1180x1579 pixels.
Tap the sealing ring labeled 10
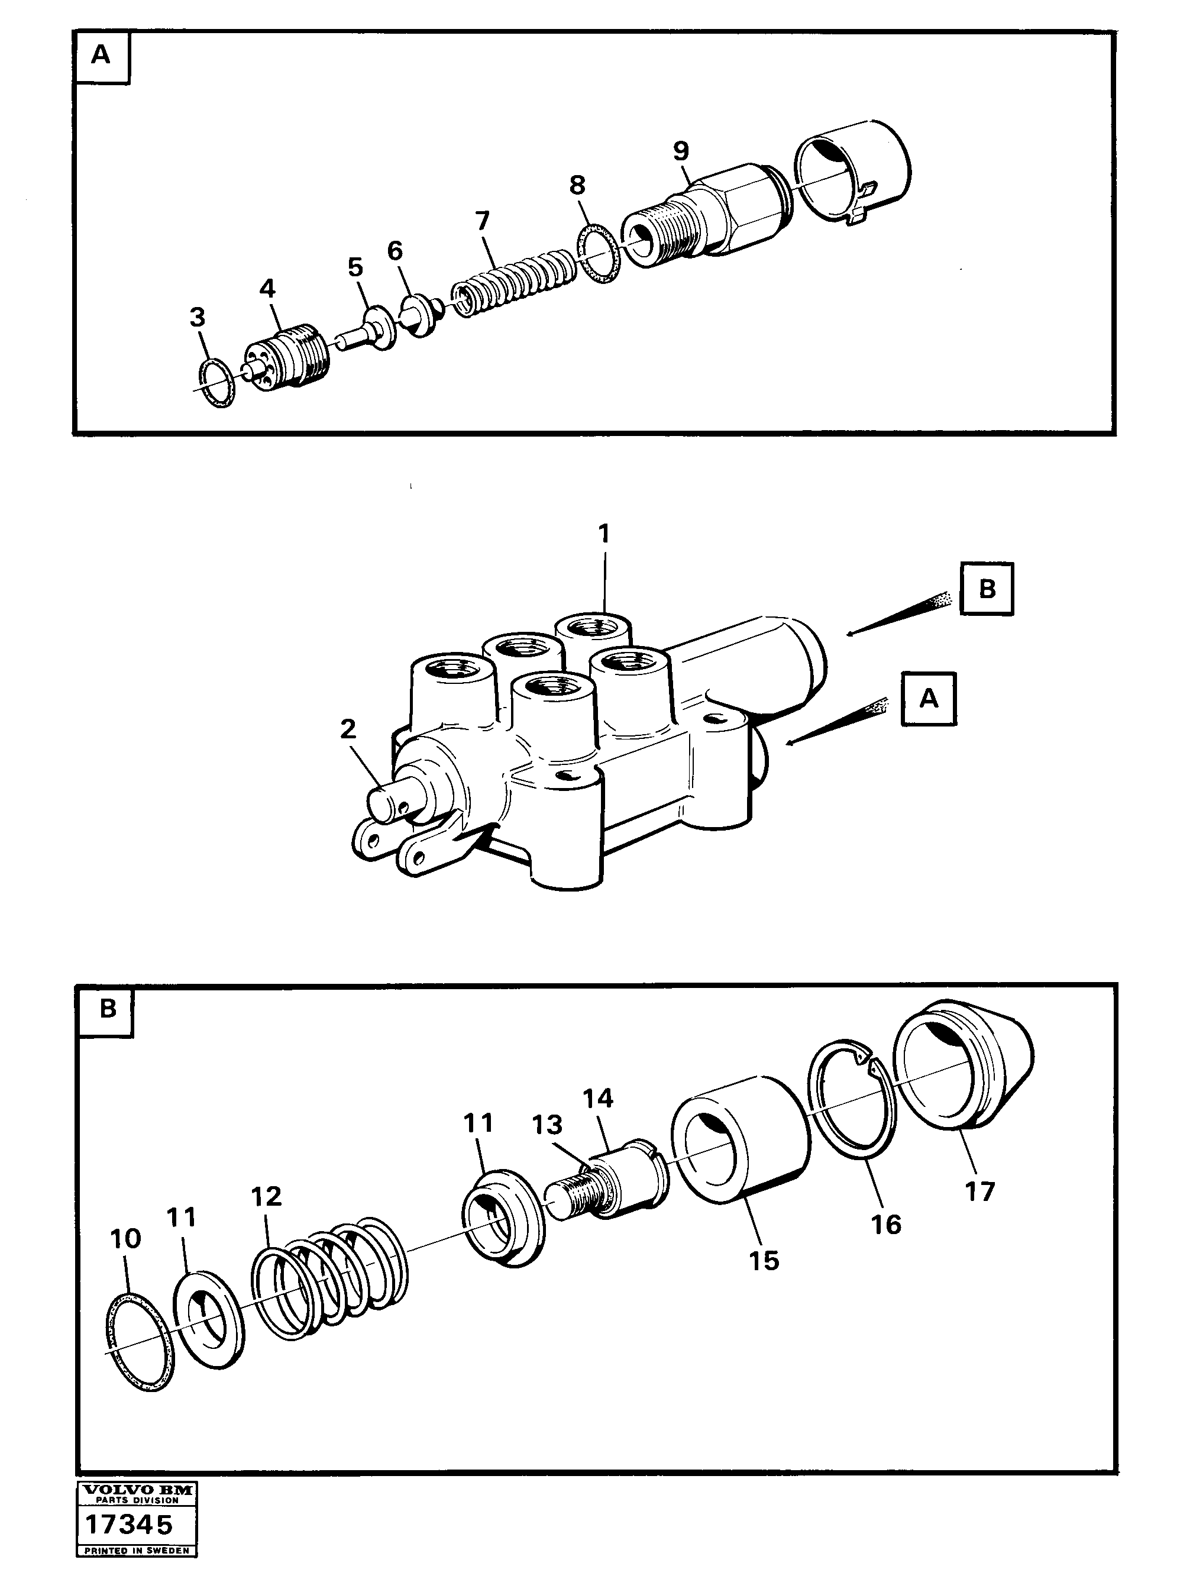click(x=140, y=1343)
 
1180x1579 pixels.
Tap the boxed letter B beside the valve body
click(x=986, y=589)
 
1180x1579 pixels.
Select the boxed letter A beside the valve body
click(x=928, y=699)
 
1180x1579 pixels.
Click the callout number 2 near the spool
click(x=348, y=729)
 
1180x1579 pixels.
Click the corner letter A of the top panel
click(x=101, y=55)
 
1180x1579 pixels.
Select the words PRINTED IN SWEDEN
click(x=137, y=1551)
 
